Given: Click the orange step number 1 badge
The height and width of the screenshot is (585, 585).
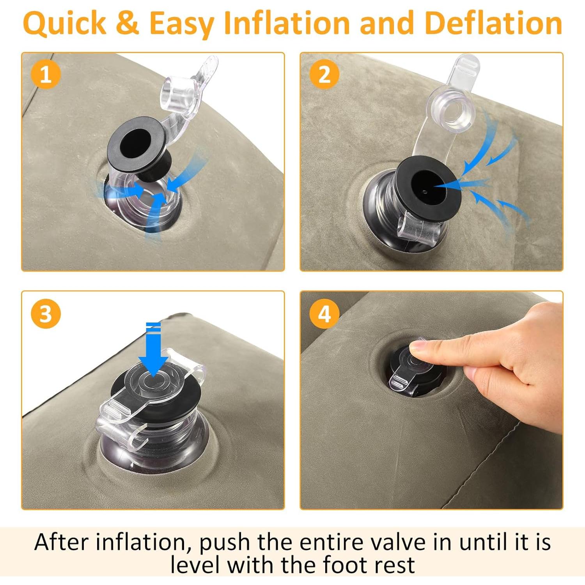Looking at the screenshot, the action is pyautogui.click(x=46, y=74).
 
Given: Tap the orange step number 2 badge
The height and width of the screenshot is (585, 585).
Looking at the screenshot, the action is pyautogui.click(x=324, y=74).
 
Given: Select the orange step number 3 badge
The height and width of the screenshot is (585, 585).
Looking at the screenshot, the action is pyautogui.click(x=46, y=314).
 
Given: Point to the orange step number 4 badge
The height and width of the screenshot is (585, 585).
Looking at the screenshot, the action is pyautogui.click(x=324, y=314).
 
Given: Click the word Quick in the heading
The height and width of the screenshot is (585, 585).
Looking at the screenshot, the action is pyautogui.click(x=65, y=23).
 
